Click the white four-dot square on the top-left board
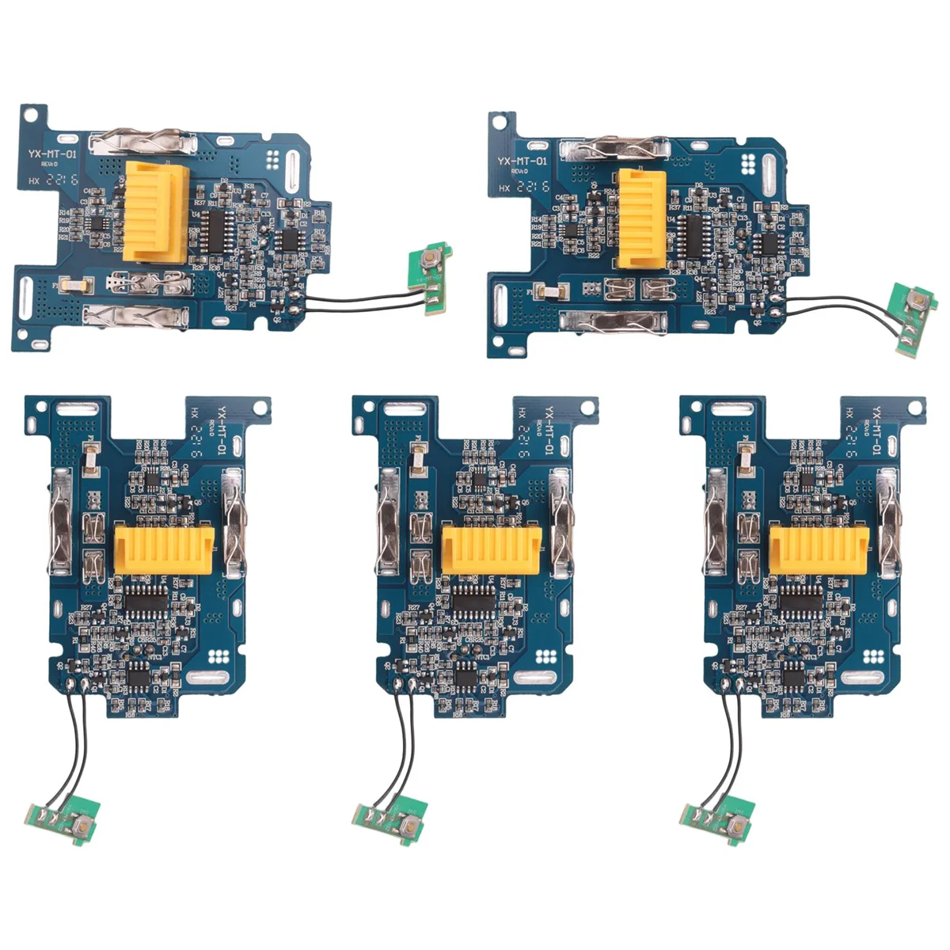(274, 158)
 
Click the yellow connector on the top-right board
(640, 217)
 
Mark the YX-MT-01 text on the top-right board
(522, 161)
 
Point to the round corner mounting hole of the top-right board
(500, 123)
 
